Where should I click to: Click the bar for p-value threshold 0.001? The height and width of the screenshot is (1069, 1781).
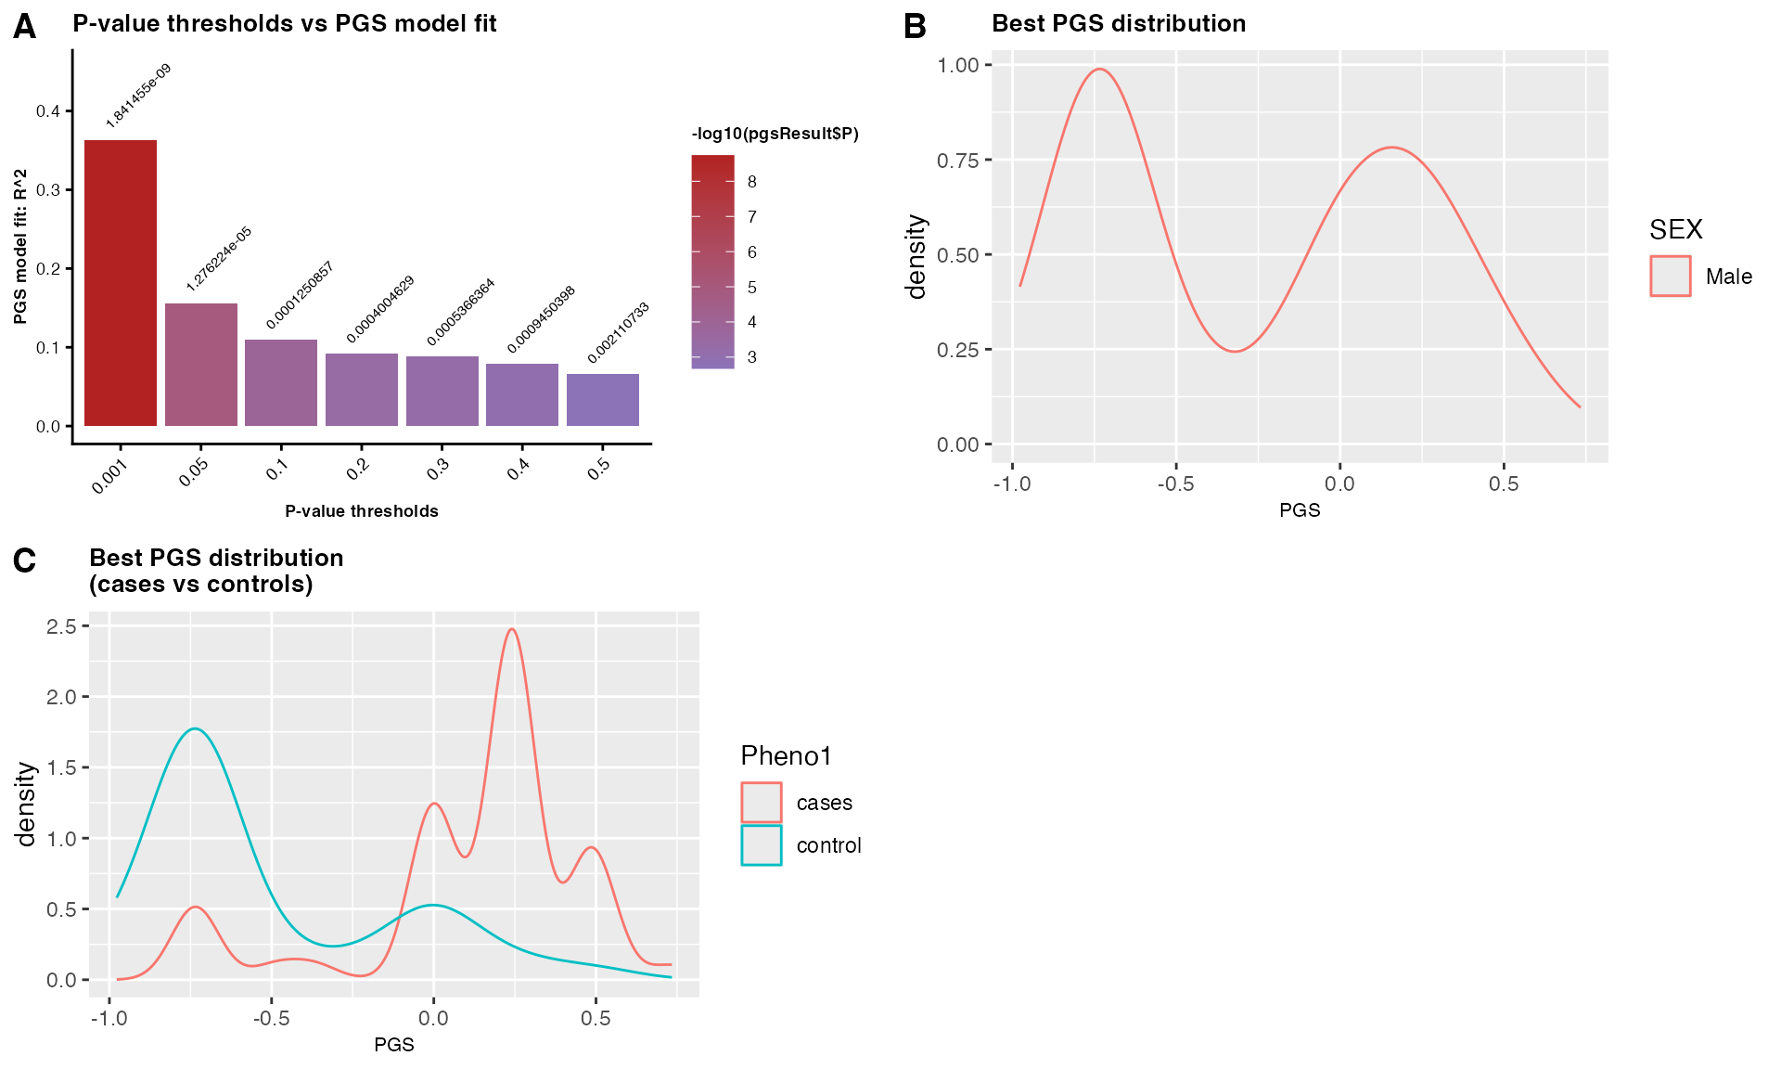(121, 283)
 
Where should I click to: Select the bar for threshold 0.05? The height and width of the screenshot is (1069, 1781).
(200, 365)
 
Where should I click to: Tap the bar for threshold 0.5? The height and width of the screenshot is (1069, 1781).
(602, 400)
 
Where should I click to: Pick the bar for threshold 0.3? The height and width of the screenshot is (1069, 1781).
(442, 391)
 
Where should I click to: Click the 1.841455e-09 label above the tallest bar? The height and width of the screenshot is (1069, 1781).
(138, 96)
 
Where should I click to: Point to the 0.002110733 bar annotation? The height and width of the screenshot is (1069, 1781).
(618, 332)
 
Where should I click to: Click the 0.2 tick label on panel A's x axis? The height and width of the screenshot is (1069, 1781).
(358, 469)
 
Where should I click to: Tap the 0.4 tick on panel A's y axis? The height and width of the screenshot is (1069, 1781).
(48, 111)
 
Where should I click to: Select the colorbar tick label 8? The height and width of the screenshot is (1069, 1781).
(752, 182)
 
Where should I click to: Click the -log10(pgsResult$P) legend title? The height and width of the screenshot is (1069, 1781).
(775, 134)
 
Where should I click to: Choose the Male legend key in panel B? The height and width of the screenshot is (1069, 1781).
(1670, 277)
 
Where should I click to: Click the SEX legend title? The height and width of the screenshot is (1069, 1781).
(1675, 229)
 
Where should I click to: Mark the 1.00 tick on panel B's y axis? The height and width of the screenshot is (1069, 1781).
(958, 65)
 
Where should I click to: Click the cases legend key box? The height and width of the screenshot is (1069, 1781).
(762, 803)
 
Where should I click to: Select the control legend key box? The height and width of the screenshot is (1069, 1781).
(762, 845)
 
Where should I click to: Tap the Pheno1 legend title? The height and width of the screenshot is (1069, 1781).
(786, 756)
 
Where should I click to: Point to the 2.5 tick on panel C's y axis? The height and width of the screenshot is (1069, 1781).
(61, 626)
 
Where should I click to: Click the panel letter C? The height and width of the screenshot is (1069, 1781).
(25, 560)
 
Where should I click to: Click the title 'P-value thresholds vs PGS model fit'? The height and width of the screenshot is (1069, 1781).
(285, 23)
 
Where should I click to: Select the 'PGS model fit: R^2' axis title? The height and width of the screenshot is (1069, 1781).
(20, 247)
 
